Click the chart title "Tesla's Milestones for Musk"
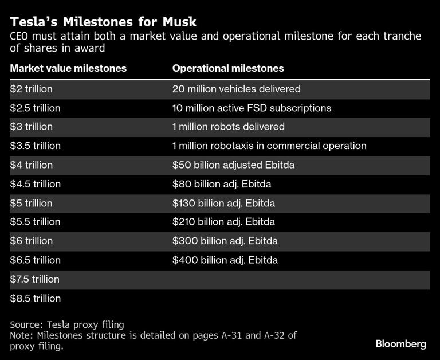coord(103,22)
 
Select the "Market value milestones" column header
coord(68,69)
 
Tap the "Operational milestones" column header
coord(228,69)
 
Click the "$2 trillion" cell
coord(32,89)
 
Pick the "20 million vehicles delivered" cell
coord(237,89)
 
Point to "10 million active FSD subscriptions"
coord(252,108)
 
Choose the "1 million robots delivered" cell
coord(229,127)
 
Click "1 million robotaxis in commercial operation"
coord(269,146)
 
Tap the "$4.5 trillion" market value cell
coord(35,184)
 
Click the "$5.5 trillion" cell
coord(35,222)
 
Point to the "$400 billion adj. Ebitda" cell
coord(225,260)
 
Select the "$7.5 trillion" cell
coord(35,279)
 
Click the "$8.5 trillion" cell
coord(35,298)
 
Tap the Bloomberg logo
coord(401,344)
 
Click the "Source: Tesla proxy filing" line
coord(67,324)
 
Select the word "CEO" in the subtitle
coord(21,37)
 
